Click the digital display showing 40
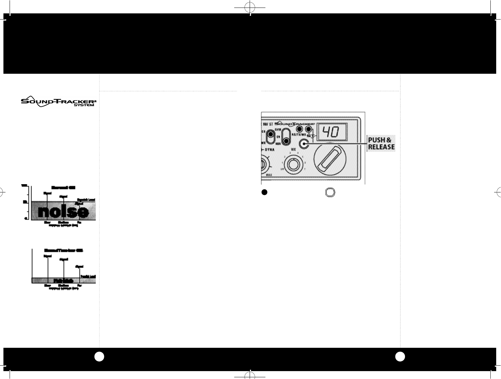pos(331,131)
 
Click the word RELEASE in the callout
pos(381,147)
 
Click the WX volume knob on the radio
pos(293,164)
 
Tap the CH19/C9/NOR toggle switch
pos(286,137)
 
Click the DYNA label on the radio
pos(271,150)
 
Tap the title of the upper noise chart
pos(63,188)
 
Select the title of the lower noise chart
pos(63,250)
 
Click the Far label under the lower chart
pos(80,285)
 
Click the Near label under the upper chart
pos(47,222)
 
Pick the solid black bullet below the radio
pos(264,192)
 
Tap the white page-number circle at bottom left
pos(99,357)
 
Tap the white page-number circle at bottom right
pos(400,357)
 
